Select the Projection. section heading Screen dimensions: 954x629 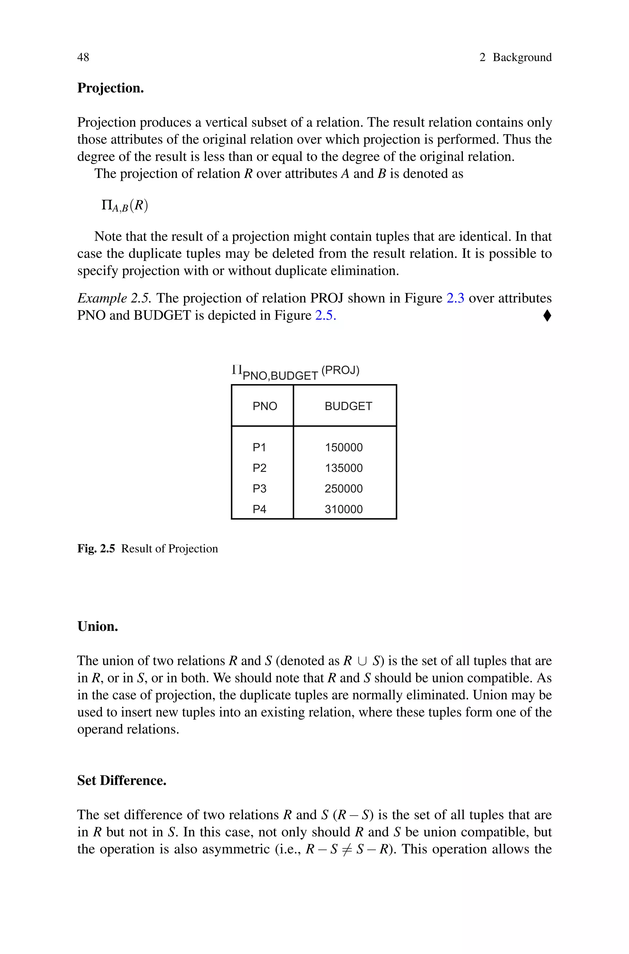point(110,88)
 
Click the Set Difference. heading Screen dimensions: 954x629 point(122,780)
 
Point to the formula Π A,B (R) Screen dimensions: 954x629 point(125,206)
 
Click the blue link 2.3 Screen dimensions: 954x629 point(455,298)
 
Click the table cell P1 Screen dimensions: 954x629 point(259,447)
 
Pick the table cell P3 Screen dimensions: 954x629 point(259,489)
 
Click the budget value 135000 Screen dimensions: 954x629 point(343,468)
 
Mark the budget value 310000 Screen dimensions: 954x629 point(343,509)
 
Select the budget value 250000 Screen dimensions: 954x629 point(343,489)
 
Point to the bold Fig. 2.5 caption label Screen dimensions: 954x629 point(96,548)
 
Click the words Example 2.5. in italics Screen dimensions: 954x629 point(114,298)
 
